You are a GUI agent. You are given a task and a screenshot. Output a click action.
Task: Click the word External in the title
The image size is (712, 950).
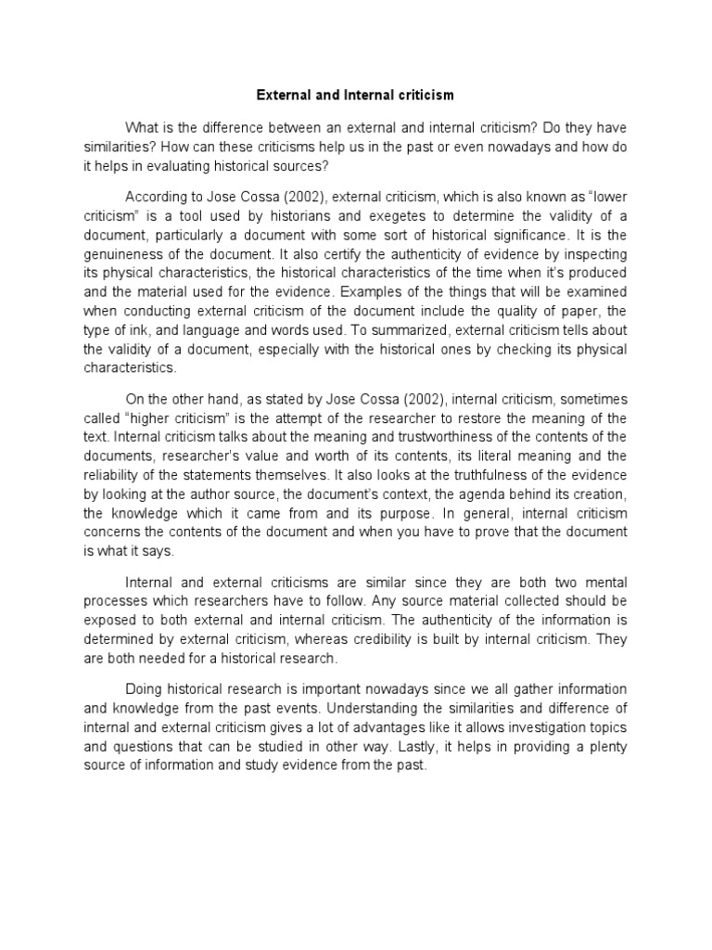[281, 95]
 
